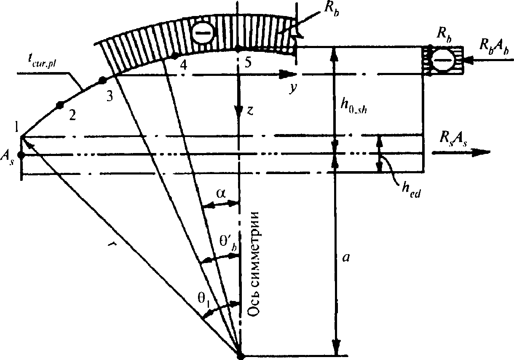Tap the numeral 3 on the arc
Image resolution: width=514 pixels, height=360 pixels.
[109, 96]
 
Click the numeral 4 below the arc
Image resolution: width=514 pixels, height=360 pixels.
[182, 64]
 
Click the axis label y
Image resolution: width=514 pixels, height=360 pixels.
[291, 89]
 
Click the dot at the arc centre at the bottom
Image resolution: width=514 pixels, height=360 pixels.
[240, 355]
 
